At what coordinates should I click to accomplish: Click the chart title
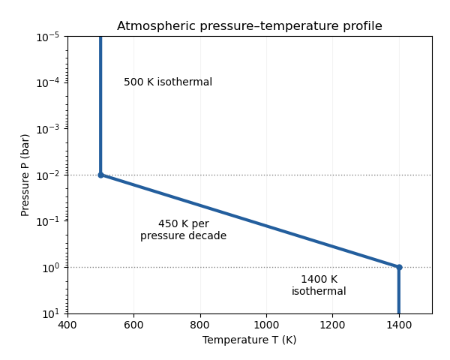(x=250, y=26)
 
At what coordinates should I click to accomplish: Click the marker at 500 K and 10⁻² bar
(x=100, y=175)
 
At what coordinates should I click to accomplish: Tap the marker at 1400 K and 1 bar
(x=399, y=267)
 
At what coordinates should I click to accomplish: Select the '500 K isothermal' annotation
(x=168, y=82)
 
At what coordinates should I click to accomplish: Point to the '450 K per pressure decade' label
(x=184, y=229)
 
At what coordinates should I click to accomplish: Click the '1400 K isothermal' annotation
(x=319, y=285)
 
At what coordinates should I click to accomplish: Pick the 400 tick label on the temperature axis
(x=67, y=325)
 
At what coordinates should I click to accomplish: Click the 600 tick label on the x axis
(x=133, y=325)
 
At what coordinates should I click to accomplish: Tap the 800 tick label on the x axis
(x=200, y=325)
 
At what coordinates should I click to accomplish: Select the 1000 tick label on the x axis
(x=266, y=325)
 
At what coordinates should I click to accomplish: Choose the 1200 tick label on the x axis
(x=332, y=325)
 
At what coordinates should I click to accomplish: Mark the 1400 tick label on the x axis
(x=399, y=325)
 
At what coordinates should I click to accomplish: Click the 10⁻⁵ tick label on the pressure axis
(x=48, y=37)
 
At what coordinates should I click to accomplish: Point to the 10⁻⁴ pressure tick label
(x=48, y=83)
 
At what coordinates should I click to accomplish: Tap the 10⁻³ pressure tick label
(x=48, y=129)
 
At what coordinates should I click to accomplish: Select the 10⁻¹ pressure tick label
(x=48, y=221)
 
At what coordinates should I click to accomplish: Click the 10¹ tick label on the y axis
(x=51, y=313)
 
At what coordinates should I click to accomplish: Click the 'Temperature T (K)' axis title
(x=250, y=340)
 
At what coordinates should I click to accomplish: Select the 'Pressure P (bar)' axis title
(x=25, y=175)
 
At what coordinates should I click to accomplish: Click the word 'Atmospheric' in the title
(x=157, y=26)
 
